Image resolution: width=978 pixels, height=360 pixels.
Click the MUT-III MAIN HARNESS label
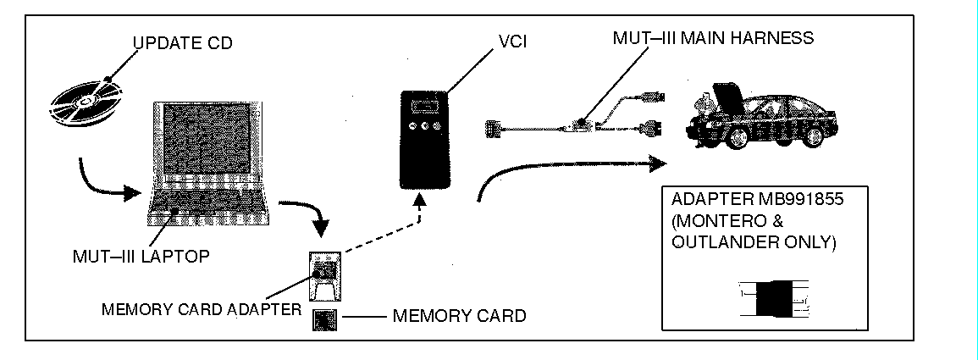714,38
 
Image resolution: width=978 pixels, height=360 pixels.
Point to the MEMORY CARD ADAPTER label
201,309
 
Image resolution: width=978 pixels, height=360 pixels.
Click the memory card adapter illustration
323,275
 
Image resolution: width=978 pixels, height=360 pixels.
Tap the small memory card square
324,320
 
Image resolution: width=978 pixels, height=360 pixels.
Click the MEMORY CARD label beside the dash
459,316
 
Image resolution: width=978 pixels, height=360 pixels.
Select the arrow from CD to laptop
105,181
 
